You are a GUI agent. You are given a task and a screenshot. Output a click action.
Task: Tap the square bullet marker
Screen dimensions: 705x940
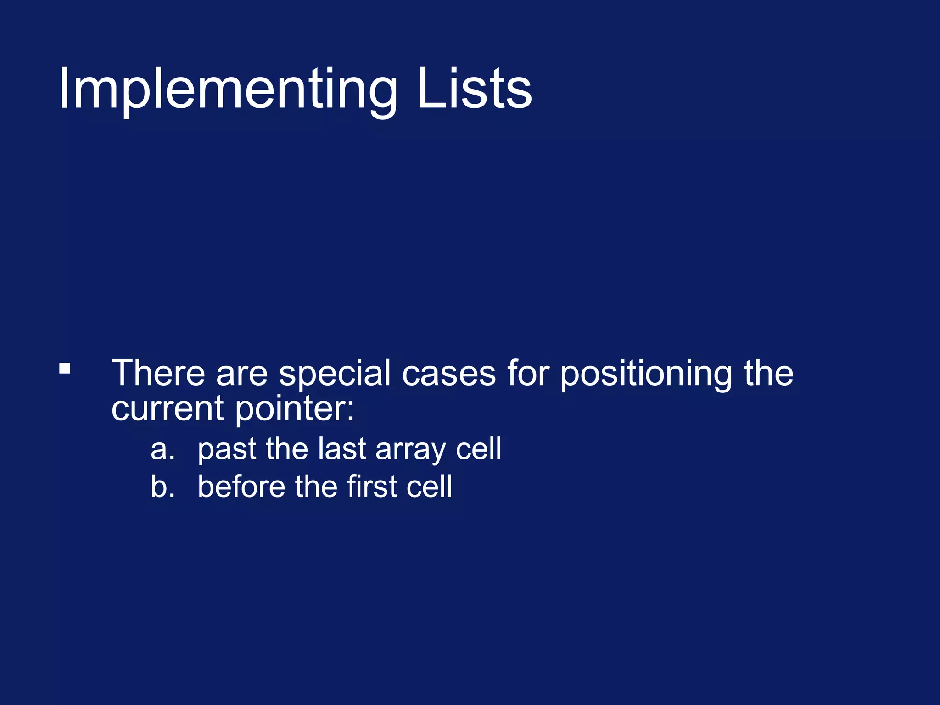tap(65, 369)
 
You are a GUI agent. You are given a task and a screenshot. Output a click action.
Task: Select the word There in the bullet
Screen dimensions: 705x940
tap(158, 373)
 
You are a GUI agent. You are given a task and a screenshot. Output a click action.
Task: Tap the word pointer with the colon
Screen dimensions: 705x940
tap(295, 409)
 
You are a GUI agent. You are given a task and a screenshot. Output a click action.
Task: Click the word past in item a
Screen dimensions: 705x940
tap(227, 449)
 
